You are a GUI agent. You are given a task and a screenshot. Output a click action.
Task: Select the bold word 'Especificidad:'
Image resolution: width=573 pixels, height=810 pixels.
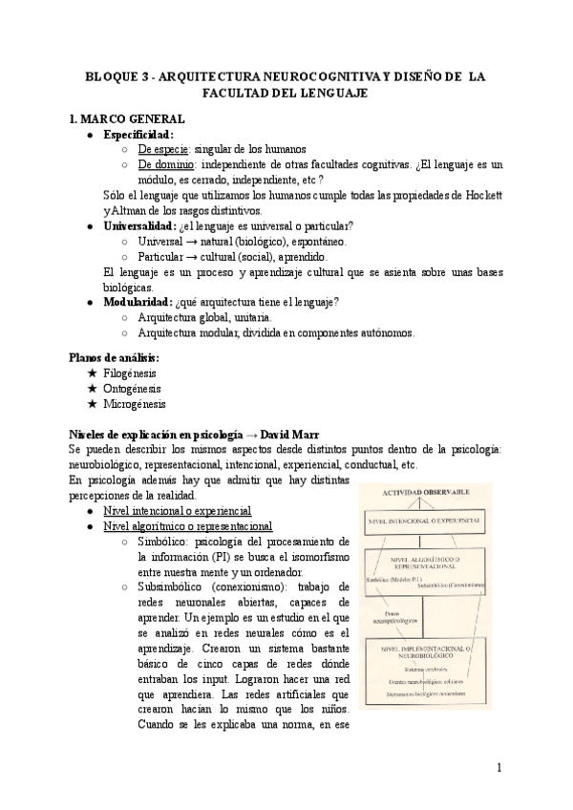pyautogui.click(x=139, y=135)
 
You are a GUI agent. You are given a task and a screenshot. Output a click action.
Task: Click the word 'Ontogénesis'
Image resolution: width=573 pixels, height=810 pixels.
pyautogui.click(x=133, y=389)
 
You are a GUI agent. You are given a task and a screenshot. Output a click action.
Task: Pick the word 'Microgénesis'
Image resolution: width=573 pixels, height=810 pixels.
pyautogui.click(x=135, y=404)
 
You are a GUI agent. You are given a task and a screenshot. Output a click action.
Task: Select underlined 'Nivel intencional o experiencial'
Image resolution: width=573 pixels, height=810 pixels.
pyautogui.click(x=177, y=511)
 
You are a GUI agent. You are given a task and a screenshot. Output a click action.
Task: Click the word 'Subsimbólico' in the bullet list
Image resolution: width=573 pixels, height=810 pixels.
pyautogui.click(x=173, y=587)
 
